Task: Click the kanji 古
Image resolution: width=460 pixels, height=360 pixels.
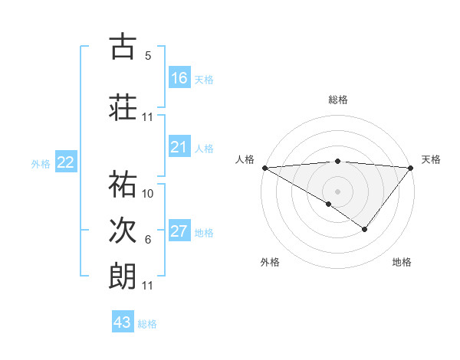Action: [x=123, y=47]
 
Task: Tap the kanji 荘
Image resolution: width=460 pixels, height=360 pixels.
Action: [x=123, y=107]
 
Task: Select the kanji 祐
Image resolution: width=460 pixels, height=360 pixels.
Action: [x=123, y=184]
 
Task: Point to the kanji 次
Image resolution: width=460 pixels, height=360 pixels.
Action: [x=123, y=230]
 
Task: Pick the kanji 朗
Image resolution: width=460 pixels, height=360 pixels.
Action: [x=123, y=276]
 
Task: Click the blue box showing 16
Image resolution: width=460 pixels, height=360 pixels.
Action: [x=179, y=78]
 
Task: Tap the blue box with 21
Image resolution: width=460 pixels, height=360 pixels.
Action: [x=179, y=147]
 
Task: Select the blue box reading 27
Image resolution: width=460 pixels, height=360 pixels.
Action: [x=179, y=231]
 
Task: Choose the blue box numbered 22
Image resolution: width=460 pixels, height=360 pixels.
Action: [x=66, y=162]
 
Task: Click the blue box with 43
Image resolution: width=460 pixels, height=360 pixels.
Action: [x=123, y=322]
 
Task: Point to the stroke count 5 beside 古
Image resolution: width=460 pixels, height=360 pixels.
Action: [x=148, y=56]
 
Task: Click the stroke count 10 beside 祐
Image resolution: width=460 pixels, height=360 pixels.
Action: [x=148, y=194]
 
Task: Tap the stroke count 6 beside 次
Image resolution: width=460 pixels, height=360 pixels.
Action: [x=148, y=240]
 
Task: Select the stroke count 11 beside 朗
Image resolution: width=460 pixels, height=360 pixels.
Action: [x=148, y=286]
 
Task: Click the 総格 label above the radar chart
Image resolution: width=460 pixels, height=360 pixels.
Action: [x=337, y=100]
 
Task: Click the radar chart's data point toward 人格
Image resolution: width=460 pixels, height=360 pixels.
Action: [x=264, y=168]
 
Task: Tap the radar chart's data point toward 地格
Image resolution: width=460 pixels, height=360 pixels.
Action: [x=365, y=228]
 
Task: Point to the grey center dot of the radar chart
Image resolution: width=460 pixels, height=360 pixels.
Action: [x=337, y=191]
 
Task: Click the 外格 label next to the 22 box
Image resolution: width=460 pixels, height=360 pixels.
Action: [x=41, y=163]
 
